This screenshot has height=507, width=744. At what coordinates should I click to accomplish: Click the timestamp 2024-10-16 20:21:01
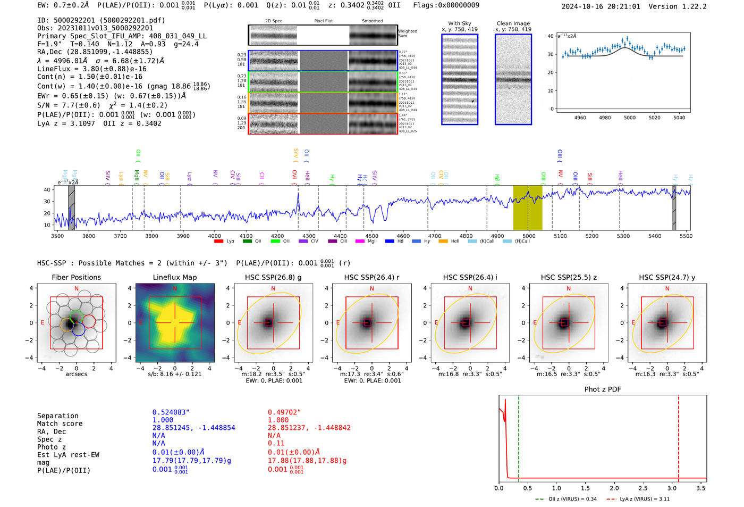click(601, 6)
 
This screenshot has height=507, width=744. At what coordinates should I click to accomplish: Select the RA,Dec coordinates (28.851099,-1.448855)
click(95, 52)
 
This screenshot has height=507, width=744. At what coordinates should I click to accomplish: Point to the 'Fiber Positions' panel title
click(76, 277)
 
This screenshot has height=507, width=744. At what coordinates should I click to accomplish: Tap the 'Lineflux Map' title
click(174, 277)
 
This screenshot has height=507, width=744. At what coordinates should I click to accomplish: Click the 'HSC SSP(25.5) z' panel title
click(569, 277)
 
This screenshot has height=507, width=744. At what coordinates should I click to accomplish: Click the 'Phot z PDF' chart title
click(603, 389)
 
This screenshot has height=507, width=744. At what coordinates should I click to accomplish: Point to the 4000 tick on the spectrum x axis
click(215, 236)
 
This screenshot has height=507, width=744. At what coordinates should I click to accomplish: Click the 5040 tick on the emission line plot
click(679, 118)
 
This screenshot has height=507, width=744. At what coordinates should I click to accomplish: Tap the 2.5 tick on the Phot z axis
click(643, 488)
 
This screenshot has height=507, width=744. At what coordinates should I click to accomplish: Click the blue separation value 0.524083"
click(171, 412)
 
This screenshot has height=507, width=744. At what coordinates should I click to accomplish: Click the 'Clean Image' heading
click(513, 23)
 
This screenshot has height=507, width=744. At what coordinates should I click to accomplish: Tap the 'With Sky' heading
click(459, 23)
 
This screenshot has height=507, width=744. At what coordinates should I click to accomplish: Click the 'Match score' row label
click(60, 423)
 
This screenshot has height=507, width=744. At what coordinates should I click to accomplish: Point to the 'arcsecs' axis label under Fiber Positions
click(76, 374)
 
